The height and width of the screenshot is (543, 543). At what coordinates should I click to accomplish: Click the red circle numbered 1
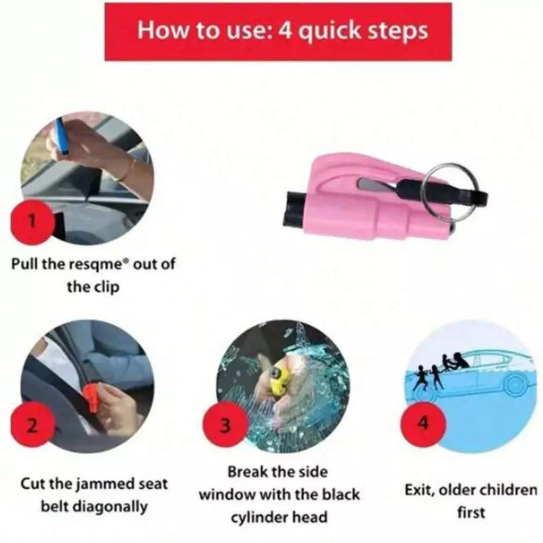pyautogui.click(x=32, y=222)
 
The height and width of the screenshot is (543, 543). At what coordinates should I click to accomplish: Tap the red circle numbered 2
pyautogui.click(x=32, y=425)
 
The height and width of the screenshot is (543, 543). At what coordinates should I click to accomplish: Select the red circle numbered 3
pyautogui.click(x=225, y=425)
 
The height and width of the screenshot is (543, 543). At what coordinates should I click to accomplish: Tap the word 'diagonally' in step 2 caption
pyautogui.click(x=111, y=507)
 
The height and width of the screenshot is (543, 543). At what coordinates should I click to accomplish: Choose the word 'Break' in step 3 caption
pyautogui.click(x=244, y=471)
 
